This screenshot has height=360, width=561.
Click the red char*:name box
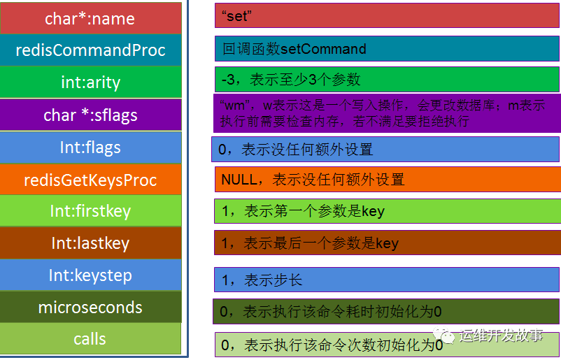point(90,18)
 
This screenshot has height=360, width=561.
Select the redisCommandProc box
point(90,50)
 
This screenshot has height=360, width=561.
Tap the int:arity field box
point(90,82)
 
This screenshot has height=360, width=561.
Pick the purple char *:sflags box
point(90,115)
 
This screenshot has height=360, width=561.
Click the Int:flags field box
point(90,147)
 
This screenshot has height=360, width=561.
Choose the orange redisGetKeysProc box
point(90,180)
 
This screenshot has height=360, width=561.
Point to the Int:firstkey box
point(90,211)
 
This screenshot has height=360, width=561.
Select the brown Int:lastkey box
point(90,243)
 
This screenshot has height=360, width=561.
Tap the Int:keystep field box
point(90,275)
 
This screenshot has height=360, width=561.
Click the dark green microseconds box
point(90,308)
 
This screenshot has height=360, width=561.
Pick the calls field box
point(90,339)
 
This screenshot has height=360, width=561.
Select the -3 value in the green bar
point(228,80)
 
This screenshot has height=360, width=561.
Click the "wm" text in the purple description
point(232,106)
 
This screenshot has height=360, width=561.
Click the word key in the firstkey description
point(373,211)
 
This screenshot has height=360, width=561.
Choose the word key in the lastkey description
point(387,243)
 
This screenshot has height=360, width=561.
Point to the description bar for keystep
point(386,280)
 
